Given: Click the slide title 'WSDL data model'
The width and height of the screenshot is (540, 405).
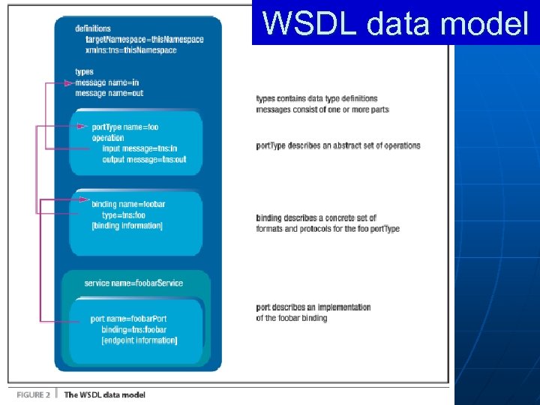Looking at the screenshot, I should (x=396, y=23).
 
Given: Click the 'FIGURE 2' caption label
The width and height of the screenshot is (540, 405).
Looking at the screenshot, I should (x=29, y=394).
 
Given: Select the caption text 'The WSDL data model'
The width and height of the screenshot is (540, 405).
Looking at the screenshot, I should (x=105, y=394).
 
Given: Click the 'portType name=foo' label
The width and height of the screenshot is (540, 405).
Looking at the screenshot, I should (x=125, y=127).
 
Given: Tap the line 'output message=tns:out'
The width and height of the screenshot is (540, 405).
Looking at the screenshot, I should (x=144, y=159).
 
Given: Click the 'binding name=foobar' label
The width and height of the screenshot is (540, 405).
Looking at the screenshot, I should (x=128, y=204).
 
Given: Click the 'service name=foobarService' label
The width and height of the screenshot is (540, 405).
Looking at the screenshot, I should (x=133, y=283).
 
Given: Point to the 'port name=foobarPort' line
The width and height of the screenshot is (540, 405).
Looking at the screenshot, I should (x=128, y=319).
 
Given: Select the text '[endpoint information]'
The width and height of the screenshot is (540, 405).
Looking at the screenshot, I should (x=139, y=340).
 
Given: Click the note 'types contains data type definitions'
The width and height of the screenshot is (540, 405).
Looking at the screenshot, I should (x=316, y=99).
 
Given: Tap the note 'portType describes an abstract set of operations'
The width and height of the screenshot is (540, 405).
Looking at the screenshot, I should (x=338, y=145).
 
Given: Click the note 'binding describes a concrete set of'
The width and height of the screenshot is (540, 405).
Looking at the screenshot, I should (x=316, y=218).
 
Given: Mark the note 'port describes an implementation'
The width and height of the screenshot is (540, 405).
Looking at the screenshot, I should (x=313, y=307).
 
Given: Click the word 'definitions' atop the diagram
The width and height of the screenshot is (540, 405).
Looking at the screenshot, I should (x=93, y=28).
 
